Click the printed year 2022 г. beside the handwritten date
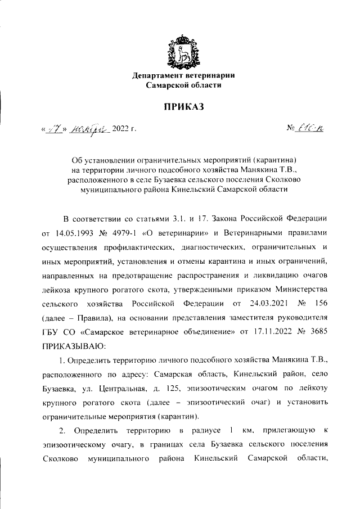(124, 130)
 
